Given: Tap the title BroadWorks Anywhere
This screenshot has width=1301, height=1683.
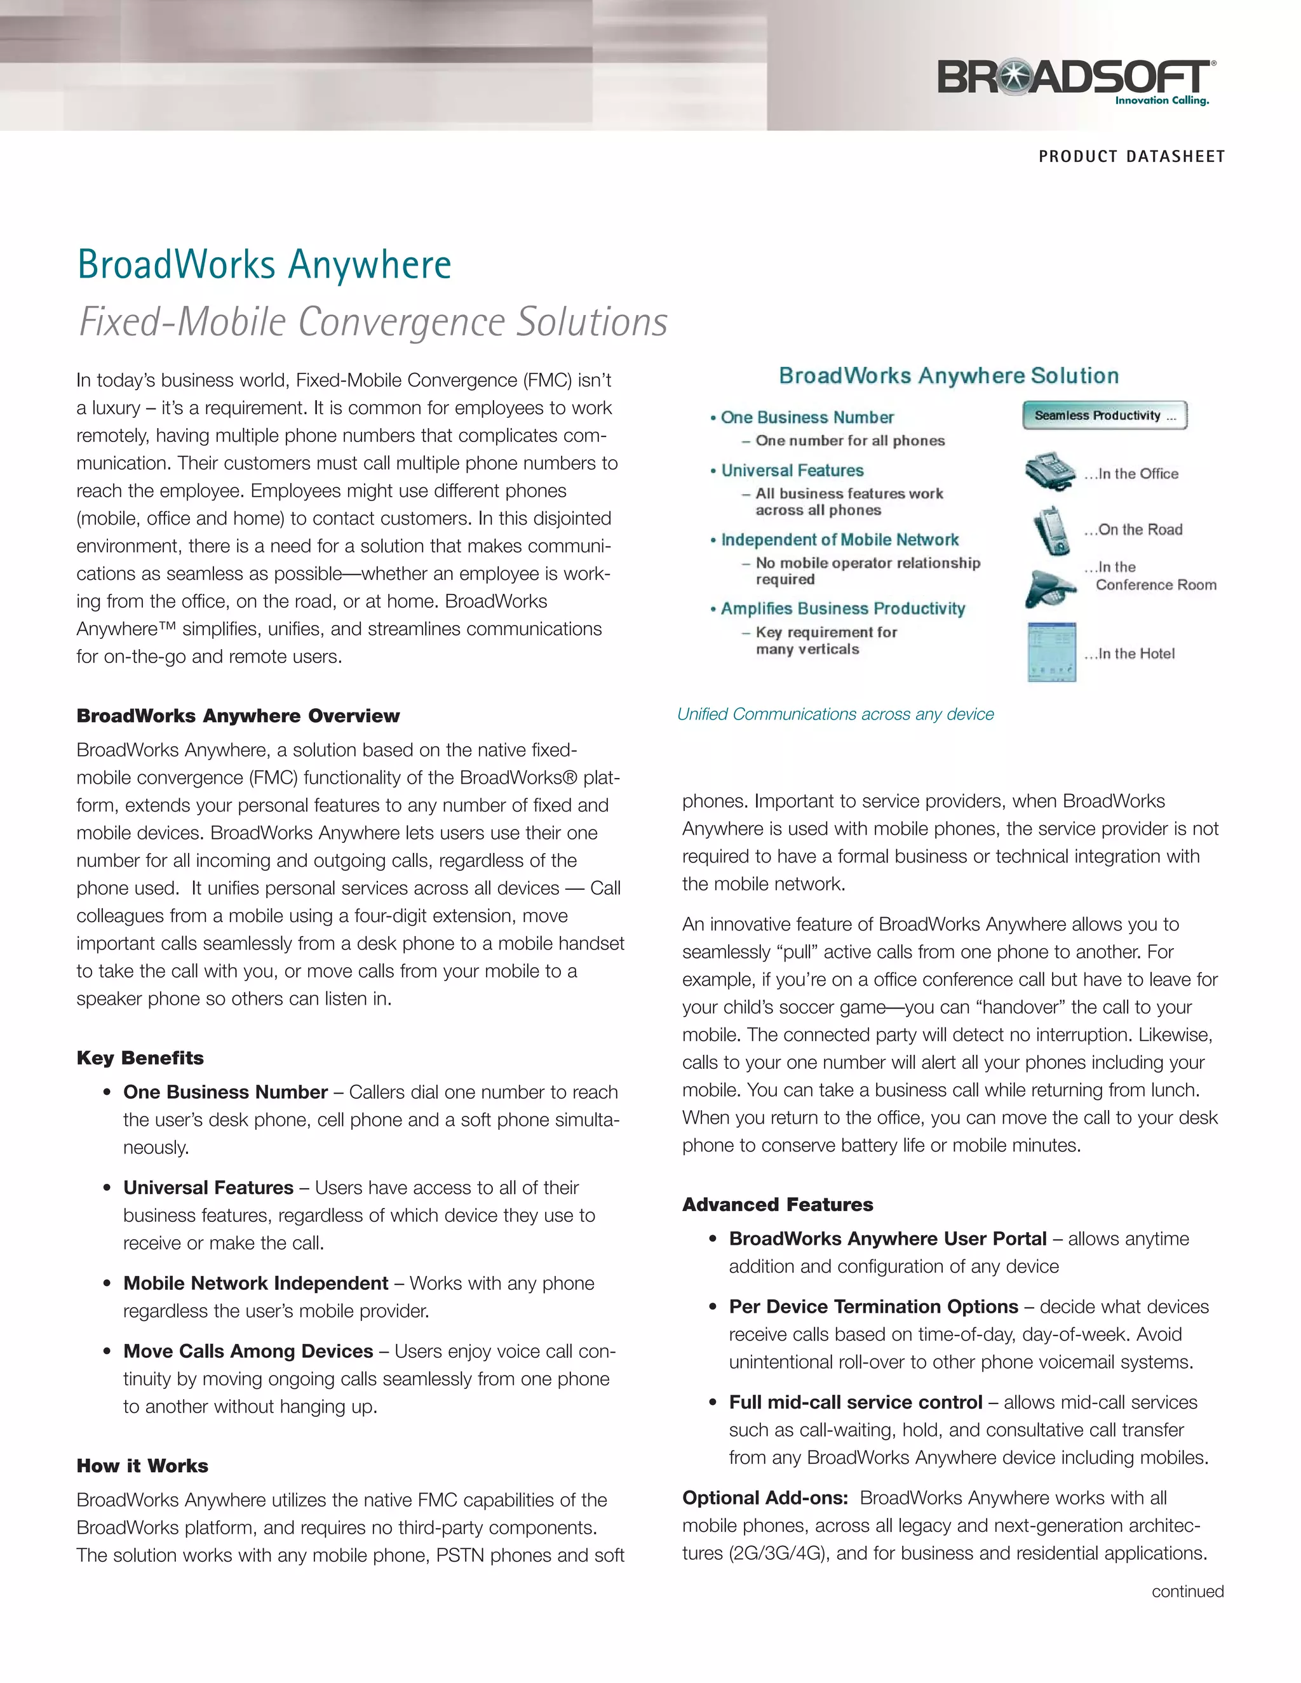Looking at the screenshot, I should tap(264, 265).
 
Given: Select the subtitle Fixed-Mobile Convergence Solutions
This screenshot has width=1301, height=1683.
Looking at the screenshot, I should tap(373, 322).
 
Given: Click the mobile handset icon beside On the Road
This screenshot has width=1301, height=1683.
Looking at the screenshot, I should tap(1051, 530).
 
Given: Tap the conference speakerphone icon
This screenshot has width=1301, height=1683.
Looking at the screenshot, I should tap(1049, 588).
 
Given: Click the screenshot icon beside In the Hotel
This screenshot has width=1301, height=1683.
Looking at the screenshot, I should tap(1051, 653).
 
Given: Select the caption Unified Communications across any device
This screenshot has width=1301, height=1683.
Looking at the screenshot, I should tap(835, 714).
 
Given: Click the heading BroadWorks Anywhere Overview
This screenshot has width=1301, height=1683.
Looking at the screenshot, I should tap(238, 716).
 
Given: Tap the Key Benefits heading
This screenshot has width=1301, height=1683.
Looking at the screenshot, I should tap(140, 1058).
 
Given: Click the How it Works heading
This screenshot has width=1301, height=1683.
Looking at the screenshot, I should tap(142, 1466).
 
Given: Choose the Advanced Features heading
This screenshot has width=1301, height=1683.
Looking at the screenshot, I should tap(777, 1204).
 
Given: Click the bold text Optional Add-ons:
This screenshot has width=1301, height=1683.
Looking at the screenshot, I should tap(765, 1498).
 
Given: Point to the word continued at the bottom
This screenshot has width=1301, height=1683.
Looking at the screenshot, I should tap(1187, 1592).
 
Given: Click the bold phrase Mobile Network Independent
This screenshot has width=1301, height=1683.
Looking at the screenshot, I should tap(255, 1283).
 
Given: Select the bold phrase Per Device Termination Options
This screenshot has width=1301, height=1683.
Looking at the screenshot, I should tap(873, 1307).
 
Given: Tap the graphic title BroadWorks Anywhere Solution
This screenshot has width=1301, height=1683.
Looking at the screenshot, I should tap(948, 376).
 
